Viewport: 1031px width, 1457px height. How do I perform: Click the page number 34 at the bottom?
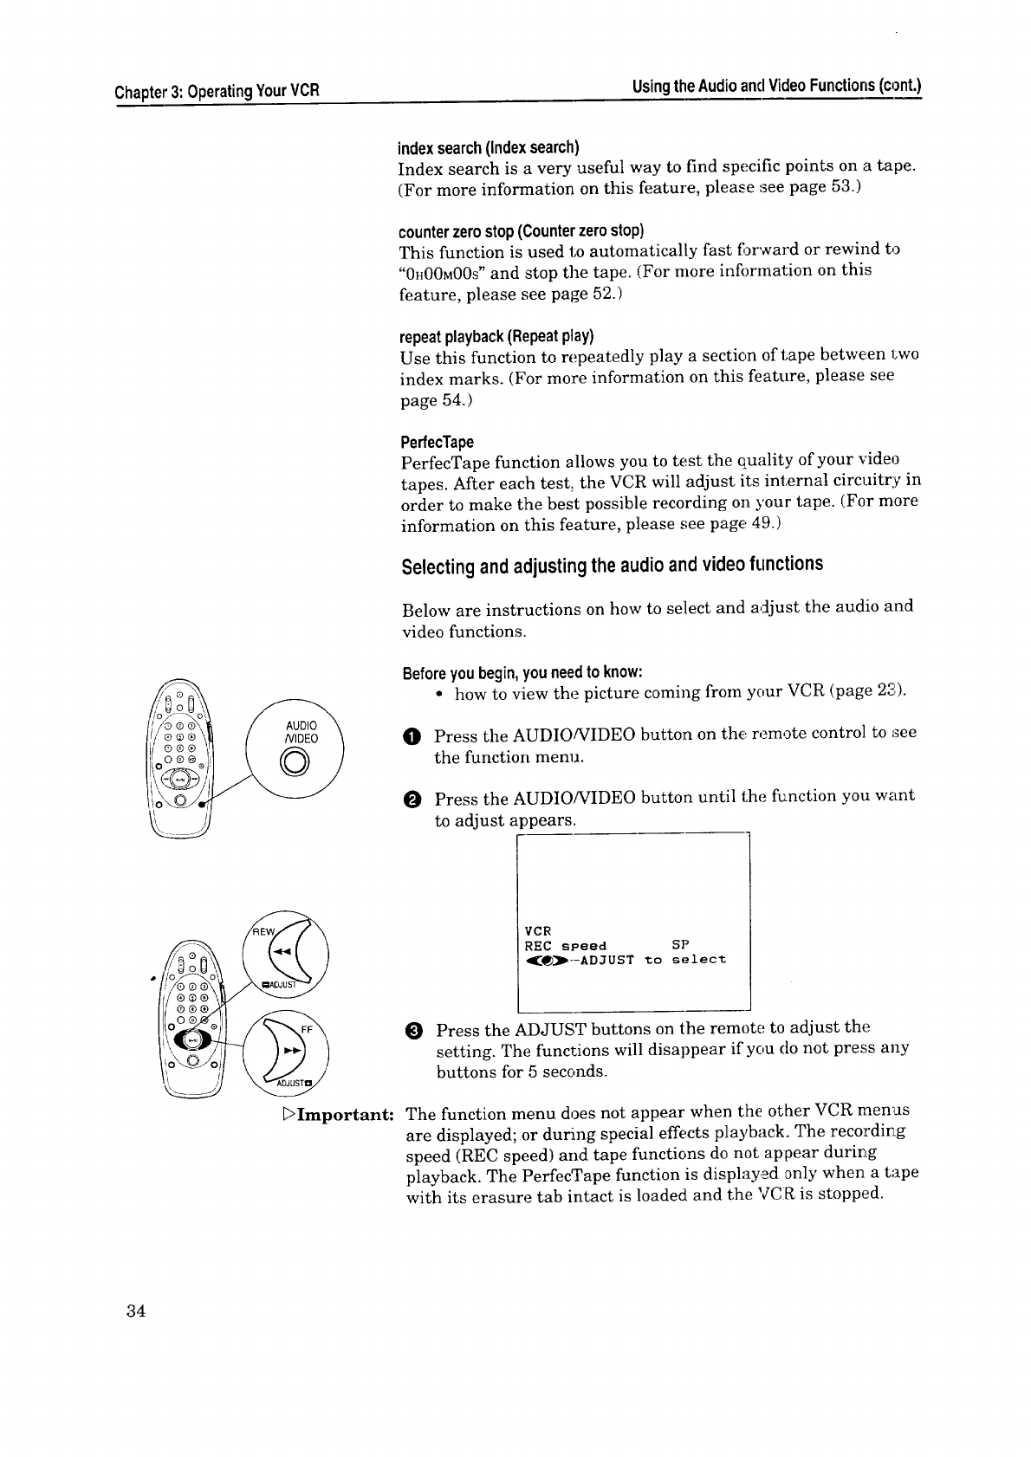tap(134, 1310)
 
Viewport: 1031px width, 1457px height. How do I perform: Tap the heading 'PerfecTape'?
tap(437, 442)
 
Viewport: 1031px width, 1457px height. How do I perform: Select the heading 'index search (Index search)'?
tap(488, 145)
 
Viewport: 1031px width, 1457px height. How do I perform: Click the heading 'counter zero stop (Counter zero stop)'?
tap(521, 231)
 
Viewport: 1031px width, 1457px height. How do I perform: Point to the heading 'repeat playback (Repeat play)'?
tap(496, 336)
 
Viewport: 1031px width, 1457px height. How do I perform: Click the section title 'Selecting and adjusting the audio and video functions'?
tap(612, 566)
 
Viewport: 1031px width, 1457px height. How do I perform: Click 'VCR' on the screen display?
tap(538, 930)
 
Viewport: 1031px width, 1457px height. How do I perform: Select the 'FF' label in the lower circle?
tap(306, 1030)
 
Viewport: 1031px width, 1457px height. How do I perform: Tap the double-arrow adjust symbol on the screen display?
tap(543, 960)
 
